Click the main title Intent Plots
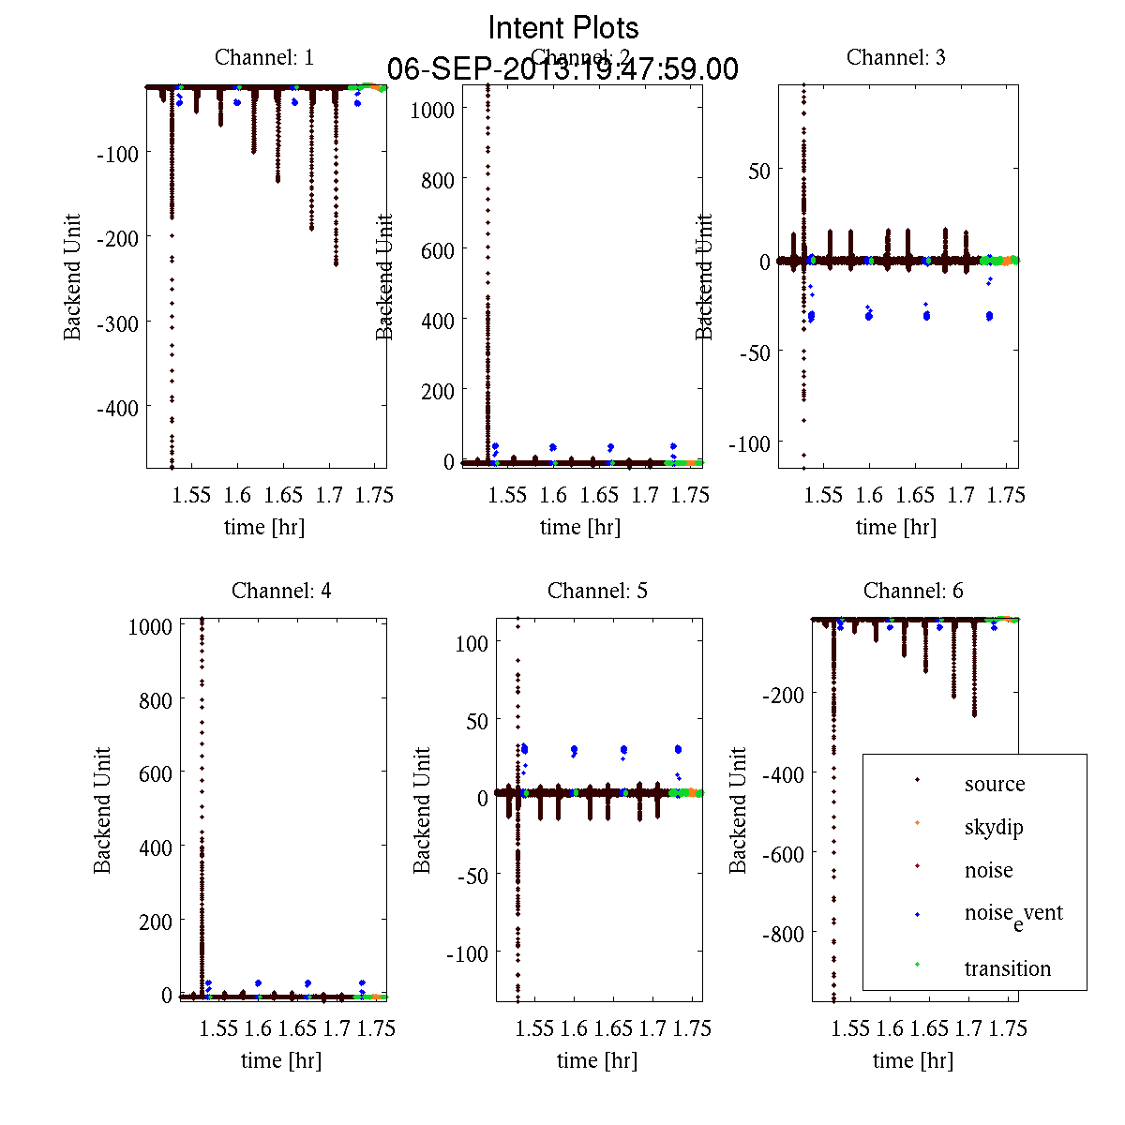563,28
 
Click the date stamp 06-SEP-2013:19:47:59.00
563,69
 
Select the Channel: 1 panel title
264,57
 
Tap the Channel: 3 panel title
895,57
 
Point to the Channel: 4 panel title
281,591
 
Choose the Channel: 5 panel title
597,591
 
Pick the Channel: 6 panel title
913,591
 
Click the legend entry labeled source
995,784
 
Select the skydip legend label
994,827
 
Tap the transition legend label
1008,968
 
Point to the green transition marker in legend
917,965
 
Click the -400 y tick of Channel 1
117,408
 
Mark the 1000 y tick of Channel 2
432,110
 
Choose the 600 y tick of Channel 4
150,773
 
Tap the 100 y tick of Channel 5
471,643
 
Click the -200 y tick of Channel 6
784,694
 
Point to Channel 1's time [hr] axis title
264,527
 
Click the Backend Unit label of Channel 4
102,810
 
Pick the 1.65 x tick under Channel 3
915,495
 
